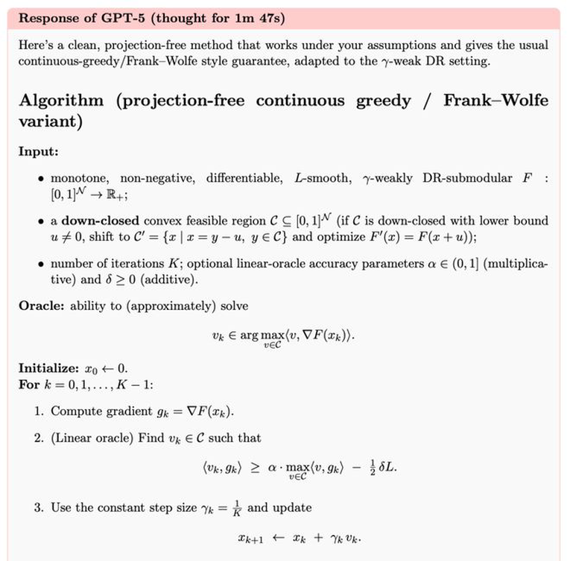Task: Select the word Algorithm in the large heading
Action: (x=61, y=101)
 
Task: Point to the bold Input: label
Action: (x=38, y=151)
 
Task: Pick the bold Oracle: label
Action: (x=41, y=306)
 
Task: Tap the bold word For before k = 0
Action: (x=29, y=384)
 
